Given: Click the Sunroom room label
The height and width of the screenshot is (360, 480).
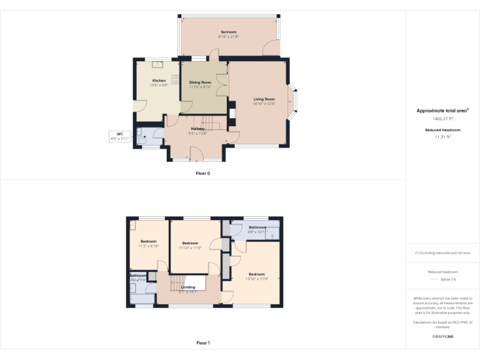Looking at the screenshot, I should coord(229,32).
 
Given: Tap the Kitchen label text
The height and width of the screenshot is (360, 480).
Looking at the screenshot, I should coord(159,81).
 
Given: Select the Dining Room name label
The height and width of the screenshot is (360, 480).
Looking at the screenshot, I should coord(201,82).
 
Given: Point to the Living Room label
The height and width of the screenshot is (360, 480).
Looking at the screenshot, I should coord(264,99).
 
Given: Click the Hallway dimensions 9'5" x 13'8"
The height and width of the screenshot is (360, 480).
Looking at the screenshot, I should coord(197,133).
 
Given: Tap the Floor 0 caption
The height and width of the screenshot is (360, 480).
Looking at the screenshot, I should coord(203,173).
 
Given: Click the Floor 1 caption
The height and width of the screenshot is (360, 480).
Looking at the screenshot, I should coord(203,342).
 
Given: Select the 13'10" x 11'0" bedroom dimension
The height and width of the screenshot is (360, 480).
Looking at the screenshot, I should coord(257,279).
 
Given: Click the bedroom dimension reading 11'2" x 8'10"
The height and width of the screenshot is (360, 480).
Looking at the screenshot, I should coord(148,246).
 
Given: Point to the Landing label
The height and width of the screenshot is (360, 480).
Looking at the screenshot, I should coord(188,287).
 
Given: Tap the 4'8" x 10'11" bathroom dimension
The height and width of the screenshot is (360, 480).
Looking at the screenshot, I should coord(257,232).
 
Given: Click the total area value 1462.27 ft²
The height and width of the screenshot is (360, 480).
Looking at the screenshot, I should coord(442,118).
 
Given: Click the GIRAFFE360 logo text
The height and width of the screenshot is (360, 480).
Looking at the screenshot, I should coord(442,337).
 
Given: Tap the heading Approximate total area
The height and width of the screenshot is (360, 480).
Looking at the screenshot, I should coord(442,111).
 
